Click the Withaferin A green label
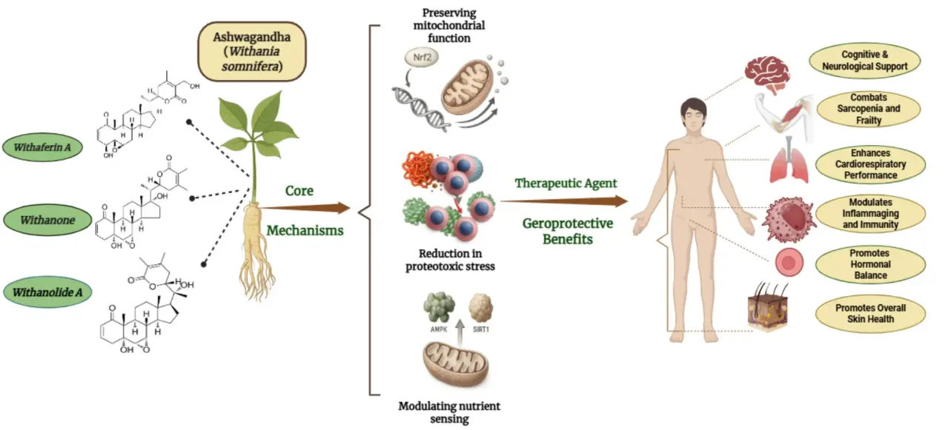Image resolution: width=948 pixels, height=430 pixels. (x=47, y=147)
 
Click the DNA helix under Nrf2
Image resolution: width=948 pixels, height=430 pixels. (x=415, y=100)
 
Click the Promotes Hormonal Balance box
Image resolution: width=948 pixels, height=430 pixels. (x=869, y=264)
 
